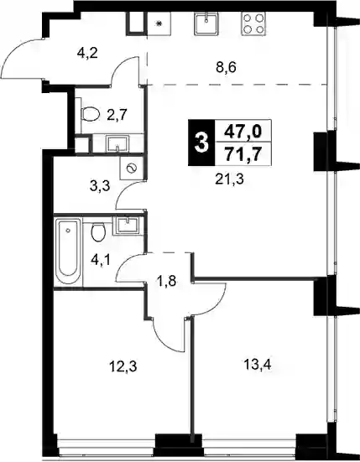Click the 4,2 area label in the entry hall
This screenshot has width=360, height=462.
(x=87, y=54)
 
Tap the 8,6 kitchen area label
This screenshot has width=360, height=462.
(x=226, y=69)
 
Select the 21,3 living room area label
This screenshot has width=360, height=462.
(x=229, y=179)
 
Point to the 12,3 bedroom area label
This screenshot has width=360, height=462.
(x=123, y=367)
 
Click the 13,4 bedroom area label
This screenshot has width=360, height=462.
(x=257, y=366)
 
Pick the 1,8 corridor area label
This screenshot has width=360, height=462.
(x=167, y=281)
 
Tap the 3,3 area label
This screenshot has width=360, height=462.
(x=100, y=186)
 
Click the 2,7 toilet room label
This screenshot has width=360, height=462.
(x=117, y=115)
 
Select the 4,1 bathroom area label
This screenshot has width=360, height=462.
(x=102, y=261)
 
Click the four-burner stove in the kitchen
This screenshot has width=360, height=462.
(x=253, y=23)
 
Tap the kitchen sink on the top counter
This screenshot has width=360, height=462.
(x=206, y=23)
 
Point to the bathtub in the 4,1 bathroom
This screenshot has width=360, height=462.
(x=69, y=252)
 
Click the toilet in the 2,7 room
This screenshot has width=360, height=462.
(x=89, y=114)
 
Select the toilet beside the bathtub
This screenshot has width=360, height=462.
(x=98, y=231)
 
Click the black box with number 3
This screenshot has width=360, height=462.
(x=202, y=143)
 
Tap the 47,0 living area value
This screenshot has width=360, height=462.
(x=243, y=131)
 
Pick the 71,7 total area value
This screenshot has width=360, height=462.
(x=243, y=153)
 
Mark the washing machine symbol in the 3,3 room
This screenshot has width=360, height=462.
(x=132, y=169)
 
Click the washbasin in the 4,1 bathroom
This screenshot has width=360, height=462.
(x=127, y=226)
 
